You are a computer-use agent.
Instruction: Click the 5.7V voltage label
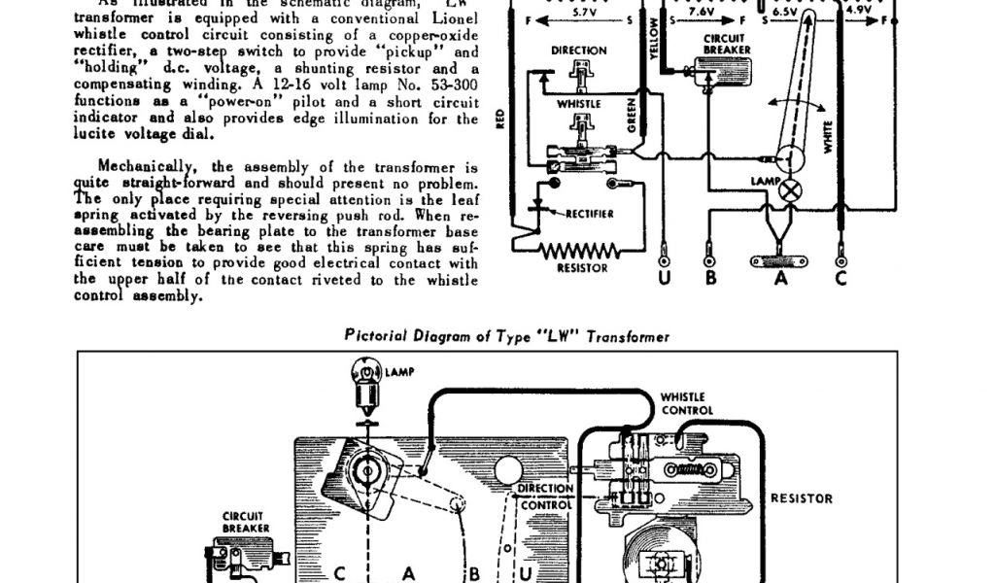584,12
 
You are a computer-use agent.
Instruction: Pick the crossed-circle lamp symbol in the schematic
791,189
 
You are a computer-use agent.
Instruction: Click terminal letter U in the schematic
665,278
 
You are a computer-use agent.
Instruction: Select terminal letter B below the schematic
711,278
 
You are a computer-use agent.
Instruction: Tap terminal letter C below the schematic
841,278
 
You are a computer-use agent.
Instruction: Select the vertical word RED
500,120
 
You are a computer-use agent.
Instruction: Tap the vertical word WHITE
829,136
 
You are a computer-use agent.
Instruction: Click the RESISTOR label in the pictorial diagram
802,498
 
